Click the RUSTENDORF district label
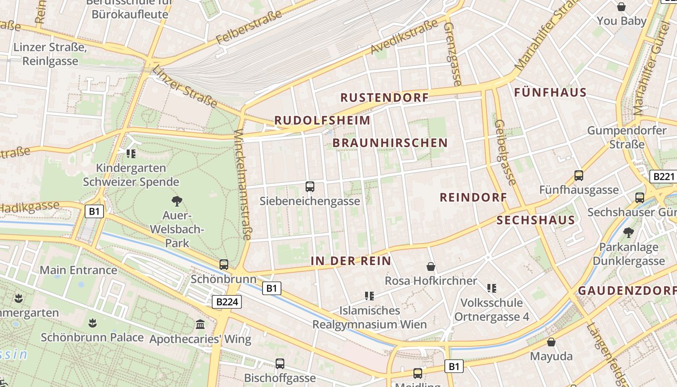pos(384,98)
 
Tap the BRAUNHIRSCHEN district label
pos(390,143)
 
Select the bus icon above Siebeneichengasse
pos(310,186)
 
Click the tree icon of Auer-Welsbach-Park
pos(177,201)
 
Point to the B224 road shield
pos(226,302)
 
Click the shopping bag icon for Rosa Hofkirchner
pos(430,267)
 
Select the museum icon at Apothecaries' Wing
pos(200,324)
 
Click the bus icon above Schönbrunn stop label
pos(223,265)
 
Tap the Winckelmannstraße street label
pos(243,185)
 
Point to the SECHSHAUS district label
pos(536,221)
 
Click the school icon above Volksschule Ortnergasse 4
pos(492,289)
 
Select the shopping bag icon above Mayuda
pos(551,342)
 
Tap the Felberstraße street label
pos(249,28)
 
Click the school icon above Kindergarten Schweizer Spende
pos(131,154)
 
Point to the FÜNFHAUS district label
pos(550,92)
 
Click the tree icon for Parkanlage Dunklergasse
pos(628,233)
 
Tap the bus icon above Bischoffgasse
pos(280,364)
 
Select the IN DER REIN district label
pos(351,261)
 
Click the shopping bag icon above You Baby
pos(621,7)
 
